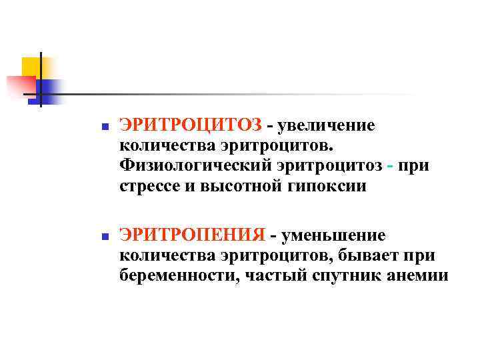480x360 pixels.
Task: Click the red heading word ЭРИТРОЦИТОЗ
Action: [x=190, y=125]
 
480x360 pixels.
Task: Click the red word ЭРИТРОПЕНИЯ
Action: [x=192, y=235]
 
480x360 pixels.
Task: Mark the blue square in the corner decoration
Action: [x=51, y=89]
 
